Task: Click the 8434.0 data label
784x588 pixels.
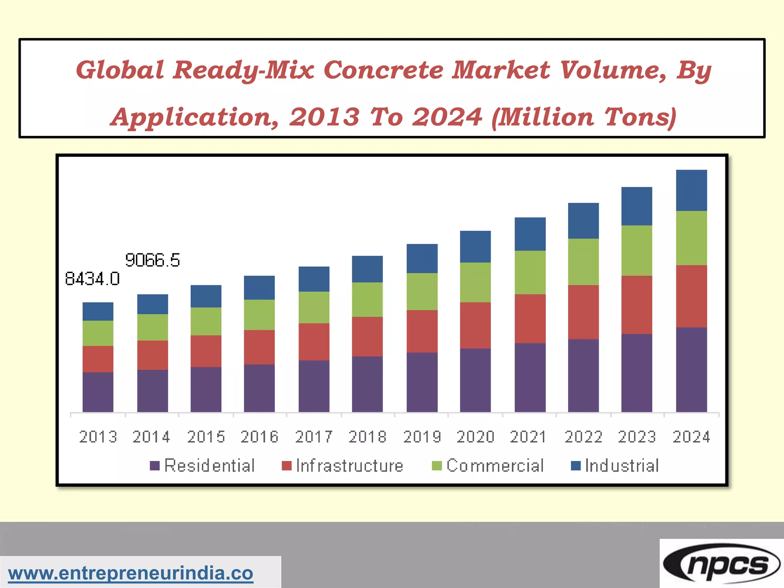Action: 92,279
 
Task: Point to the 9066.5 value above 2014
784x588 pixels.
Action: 152,260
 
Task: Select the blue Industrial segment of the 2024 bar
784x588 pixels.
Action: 691,190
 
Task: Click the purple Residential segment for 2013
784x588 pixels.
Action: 98,392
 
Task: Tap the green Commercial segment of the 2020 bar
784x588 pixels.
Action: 475,283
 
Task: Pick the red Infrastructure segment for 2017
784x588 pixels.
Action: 314,342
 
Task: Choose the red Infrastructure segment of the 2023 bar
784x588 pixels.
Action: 637,305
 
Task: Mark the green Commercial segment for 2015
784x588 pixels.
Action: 206,322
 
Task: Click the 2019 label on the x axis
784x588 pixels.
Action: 422,437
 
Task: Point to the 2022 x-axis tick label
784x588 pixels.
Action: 583,437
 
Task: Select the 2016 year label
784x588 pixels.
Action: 259,437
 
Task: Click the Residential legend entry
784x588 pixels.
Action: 209,466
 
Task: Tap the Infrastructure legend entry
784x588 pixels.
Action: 349,466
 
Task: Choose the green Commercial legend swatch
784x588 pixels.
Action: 437,466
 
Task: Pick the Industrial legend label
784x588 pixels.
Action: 622,466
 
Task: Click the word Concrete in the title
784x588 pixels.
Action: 383,70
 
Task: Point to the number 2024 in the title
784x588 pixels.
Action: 447,117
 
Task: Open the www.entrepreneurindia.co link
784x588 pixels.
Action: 131,573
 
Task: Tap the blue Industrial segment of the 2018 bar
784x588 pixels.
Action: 367,269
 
